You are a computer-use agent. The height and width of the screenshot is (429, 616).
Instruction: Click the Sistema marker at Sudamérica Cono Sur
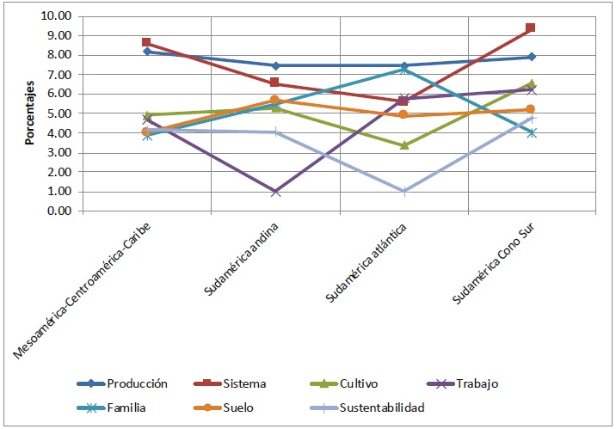pos(531,28)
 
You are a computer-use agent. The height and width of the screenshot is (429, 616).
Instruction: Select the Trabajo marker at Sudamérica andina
pos(275,192)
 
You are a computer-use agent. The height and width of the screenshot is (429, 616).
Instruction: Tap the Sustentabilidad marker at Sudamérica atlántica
pos(403,192)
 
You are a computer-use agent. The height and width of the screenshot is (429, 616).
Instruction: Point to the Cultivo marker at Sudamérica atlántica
pos(403,145)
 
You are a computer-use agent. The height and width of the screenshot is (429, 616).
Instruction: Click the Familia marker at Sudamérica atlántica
pos(403,69)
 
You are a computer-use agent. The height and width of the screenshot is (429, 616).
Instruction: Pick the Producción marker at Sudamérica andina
pos(275,65)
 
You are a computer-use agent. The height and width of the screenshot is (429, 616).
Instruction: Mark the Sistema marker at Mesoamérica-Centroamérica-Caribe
pos(147,42)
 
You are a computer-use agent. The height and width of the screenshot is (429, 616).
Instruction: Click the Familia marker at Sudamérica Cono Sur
pos(531,132)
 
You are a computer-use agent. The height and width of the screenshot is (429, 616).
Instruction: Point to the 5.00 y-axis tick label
pos(60,113)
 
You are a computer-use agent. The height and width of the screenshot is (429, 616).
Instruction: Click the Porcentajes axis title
pos(28,114)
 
